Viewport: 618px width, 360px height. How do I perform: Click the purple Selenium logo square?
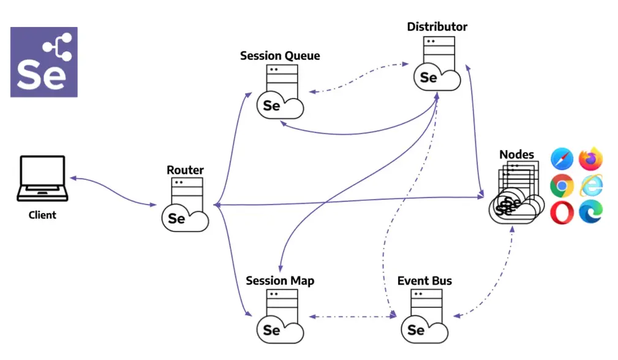pyautogui.click(x=43, y=62)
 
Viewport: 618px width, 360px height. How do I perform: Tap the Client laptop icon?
pyautogui.click(x=42, y=179)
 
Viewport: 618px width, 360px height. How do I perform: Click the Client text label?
pyautogui.click(x=42, y=215)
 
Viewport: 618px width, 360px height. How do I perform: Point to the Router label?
pyautogui.click(x=185, y=170)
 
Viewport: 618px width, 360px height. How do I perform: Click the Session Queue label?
pyautogui.click(x=280, y=56)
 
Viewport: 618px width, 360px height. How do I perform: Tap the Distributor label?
pyautogui.click(x=437, y=27)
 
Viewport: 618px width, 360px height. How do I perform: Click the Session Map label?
pyautogui.click(x=280, y=281)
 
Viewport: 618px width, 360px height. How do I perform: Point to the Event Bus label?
pyautogui.click(x=424, y=281)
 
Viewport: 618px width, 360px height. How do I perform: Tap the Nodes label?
pyautogui.click(x=516, y=154)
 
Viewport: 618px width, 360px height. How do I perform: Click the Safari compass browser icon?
pyautogui.click(x=562, y=159)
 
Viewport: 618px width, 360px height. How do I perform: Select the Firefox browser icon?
pyautogui.click(x=591, y=159)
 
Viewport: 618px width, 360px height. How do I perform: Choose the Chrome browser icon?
pyautogui.click(x=562, y=186)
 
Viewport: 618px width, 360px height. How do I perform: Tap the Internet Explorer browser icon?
pyautogui.click(x=591, y=186)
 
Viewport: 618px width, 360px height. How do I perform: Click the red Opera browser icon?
pyautogui.click(x=562, y=212)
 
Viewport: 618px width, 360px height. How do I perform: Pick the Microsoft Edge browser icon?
pyautogui.click(x=591, y=212)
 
